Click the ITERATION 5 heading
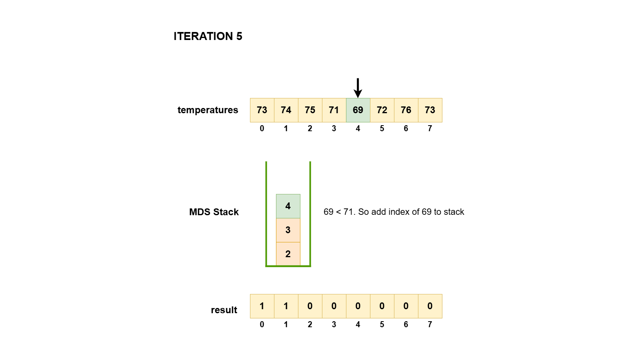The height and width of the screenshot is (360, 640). pos(208,36)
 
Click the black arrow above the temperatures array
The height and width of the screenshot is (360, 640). pos(358,88)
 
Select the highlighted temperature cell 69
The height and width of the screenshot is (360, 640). pos(358,110)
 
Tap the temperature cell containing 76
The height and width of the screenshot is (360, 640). pos(406,110)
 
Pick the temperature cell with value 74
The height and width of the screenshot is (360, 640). pos(286,110)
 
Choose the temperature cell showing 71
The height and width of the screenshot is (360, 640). pos(334,110)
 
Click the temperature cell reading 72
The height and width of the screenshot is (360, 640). pos(382,110)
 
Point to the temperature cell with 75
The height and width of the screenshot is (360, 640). pos(310,110)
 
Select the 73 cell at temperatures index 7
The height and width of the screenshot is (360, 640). pos(430,110)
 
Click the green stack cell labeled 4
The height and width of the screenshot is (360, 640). pos(288,206)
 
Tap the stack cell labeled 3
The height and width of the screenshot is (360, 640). pos(288,230)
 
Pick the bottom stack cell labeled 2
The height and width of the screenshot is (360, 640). pos(288,254)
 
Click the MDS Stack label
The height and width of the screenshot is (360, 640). pos(214,212)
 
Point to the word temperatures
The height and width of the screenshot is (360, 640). pos(208,110)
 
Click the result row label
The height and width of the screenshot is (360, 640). pos(224,310)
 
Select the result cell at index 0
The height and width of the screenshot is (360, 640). pos(262,306)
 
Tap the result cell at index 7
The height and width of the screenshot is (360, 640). pos(430,306)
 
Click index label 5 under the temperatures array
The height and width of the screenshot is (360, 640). pos(382,128)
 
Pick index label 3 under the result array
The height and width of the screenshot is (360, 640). pos(334,324)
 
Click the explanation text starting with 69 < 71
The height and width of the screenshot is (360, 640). pos(394,212)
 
